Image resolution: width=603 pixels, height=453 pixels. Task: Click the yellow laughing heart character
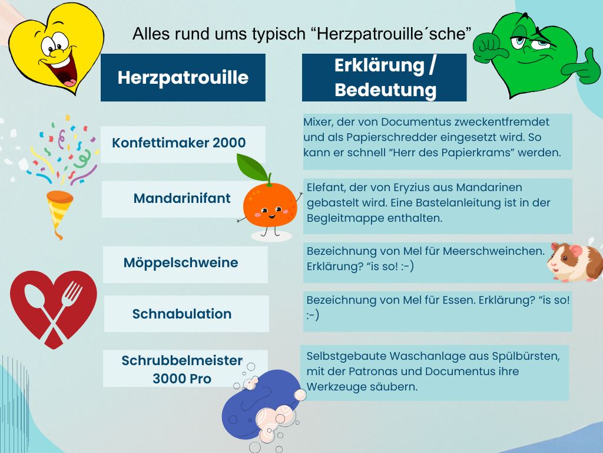(x=57, y=48)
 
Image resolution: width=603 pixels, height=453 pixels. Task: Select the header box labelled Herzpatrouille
(x=183, y=77)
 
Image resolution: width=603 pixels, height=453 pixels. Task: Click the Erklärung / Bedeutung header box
(x=384, y=77)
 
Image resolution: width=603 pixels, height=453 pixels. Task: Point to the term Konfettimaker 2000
(x=179, y=143)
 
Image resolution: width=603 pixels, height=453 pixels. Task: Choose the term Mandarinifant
(x=182, y=198)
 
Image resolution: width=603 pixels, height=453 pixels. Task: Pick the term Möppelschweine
(x=181, y=262)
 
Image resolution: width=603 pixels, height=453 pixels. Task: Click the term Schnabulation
(x=182, y=314)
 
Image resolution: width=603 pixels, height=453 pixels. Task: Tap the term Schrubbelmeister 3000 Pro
(x=182, y=369)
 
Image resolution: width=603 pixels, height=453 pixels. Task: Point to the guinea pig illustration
(x=575, y=262)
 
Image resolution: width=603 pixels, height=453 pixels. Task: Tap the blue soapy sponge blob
(x=261, y=405)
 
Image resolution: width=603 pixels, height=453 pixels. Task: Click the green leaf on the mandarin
(x=252, y=167)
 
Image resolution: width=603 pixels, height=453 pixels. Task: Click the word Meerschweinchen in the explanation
(x=494, y=251)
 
